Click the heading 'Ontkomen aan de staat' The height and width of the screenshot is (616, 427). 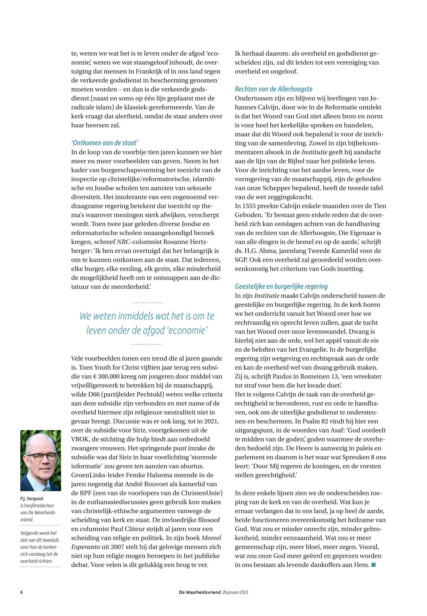click(x=105, y=143)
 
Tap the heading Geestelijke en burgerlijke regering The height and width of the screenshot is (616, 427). click(x=281, y=286)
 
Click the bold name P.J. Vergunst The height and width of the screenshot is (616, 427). click(x=31, y=499)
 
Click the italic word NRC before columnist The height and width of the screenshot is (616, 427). click(x=123, y=242)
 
